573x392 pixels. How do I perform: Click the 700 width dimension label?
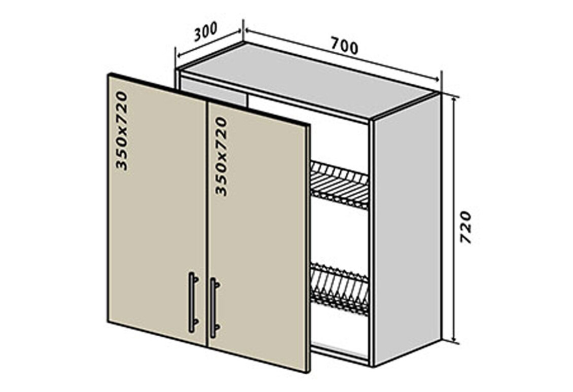coord(344,46)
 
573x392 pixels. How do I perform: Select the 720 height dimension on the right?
coord(466,227)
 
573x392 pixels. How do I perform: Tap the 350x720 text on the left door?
coord(121,130)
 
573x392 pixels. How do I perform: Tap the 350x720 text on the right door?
coord(221,156)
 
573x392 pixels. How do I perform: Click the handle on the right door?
coord(214,307)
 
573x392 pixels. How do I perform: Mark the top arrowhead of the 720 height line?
coord(454,97)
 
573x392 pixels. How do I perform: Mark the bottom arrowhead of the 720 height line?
coord(454,341)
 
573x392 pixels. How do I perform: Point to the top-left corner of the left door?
coord(109,75)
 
